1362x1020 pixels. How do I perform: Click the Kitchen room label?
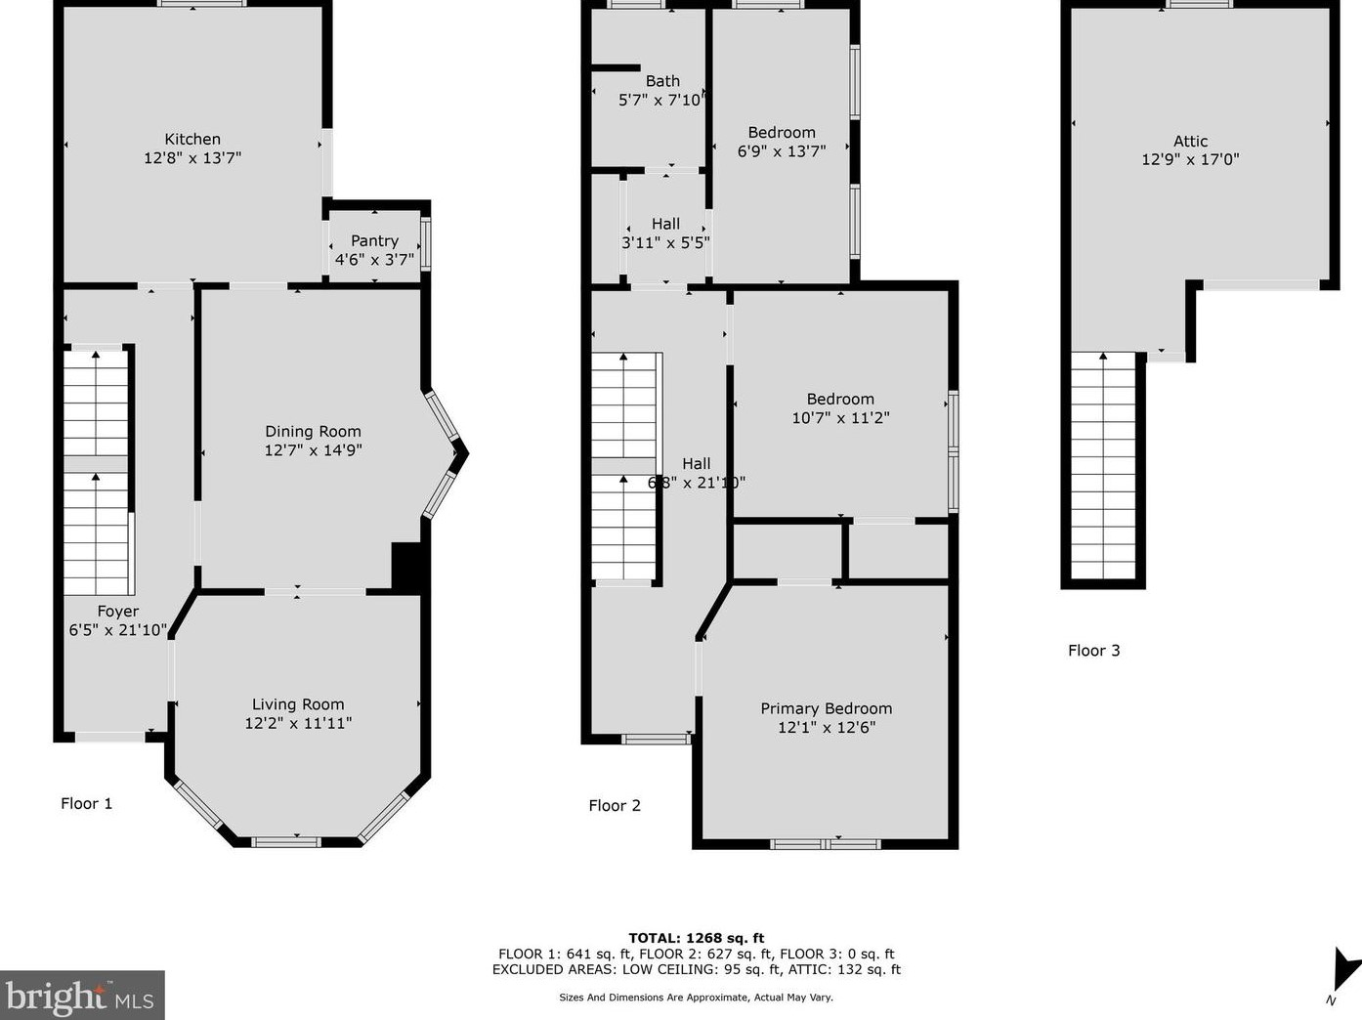[192, 139]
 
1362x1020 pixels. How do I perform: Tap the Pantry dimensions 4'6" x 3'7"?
[374, 260]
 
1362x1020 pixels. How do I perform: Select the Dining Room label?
[313, 431]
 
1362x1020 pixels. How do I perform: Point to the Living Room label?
[298, 704]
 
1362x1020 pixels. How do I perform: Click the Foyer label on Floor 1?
[117, 612]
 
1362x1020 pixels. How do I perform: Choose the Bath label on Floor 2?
[662, 81]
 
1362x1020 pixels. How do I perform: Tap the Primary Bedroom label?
[826, 708]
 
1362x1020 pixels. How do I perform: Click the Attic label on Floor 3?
[1190, 141]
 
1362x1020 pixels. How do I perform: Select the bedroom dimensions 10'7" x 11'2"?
[840, 418]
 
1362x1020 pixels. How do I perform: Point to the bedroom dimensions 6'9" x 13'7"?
[781, 151]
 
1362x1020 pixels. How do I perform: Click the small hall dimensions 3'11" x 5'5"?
[665, 242]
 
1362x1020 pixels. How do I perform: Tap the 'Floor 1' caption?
[87, 803]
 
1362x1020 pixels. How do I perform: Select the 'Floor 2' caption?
[615, 805]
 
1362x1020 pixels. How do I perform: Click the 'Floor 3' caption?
[1093, 651]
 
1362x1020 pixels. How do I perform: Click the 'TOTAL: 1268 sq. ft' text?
[696, 938]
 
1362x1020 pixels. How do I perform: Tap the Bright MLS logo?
[81, 997]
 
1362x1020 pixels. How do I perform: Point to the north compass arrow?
[1344, 971]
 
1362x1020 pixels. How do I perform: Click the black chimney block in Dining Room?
[405, 567]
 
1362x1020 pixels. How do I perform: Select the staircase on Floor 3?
[1103, 467]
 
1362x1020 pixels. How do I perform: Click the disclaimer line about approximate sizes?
[696, 998]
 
